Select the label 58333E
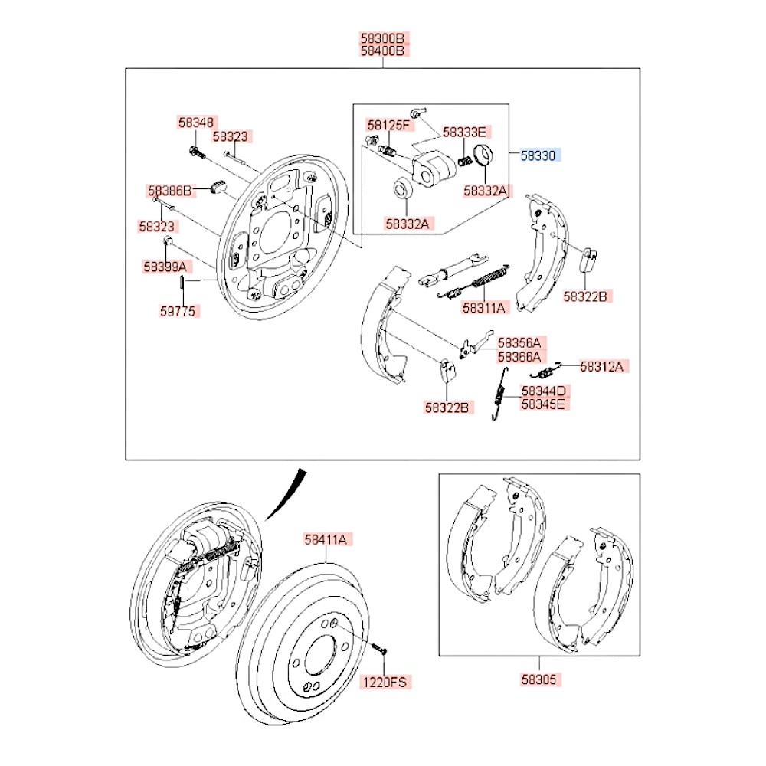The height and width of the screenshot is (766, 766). click(466, 132)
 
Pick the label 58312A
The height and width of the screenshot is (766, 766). click(603, 366)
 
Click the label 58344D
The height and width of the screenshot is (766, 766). click(545, 390)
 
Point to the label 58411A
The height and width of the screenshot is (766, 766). click(326, 539)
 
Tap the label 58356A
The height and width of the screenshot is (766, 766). click(519, 343)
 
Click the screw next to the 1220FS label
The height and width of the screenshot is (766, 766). click(379, 650)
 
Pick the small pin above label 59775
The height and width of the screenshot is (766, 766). click(180, 281)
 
